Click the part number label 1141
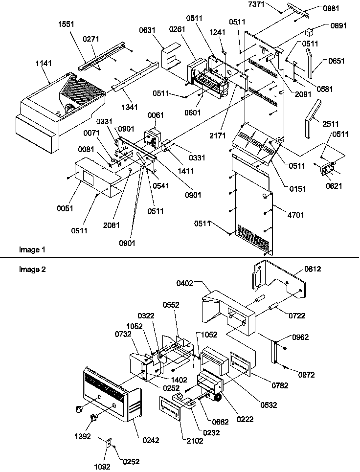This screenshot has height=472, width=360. point(43,63)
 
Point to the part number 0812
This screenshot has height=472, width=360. point(314,269)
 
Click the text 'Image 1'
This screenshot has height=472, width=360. point(32,250)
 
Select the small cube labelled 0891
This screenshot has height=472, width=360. point(309,32)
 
